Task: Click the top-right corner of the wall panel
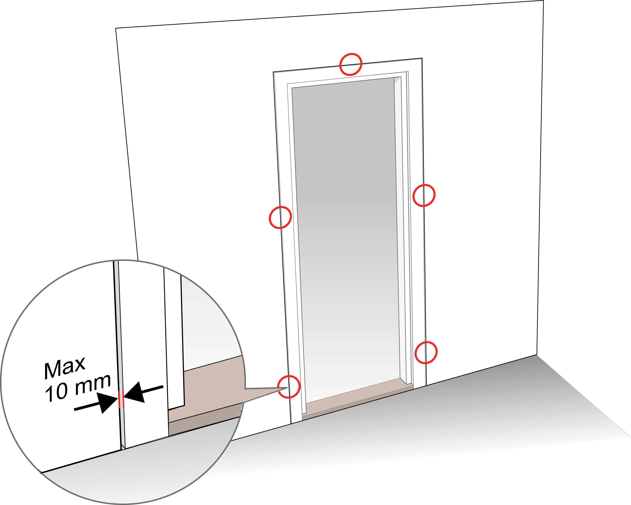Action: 544,1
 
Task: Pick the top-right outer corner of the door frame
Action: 422,58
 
